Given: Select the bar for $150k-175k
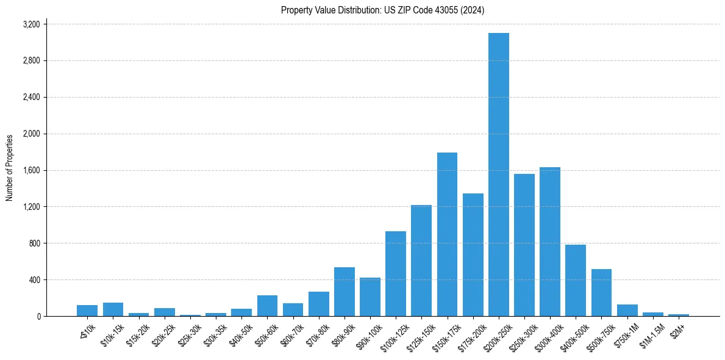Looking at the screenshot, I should [447, 234].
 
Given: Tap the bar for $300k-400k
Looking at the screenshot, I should [550, 242].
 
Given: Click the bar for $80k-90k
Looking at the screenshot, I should [345, 292].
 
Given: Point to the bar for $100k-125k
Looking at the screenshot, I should [396, 274].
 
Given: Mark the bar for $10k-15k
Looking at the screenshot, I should [113, 309].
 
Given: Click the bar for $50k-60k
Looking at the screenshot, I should [267, 306].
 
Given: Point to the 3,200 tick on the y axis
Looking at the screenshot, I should [31, 24].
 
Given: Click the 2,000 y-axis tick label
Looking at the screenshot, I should [31, 134].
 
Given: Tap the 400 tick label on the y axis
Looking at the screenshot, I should [34, 280].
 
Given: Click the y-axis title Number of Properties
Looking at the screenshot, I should [10, 168].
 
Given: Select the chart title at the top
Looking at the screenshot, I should [382, 10].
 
